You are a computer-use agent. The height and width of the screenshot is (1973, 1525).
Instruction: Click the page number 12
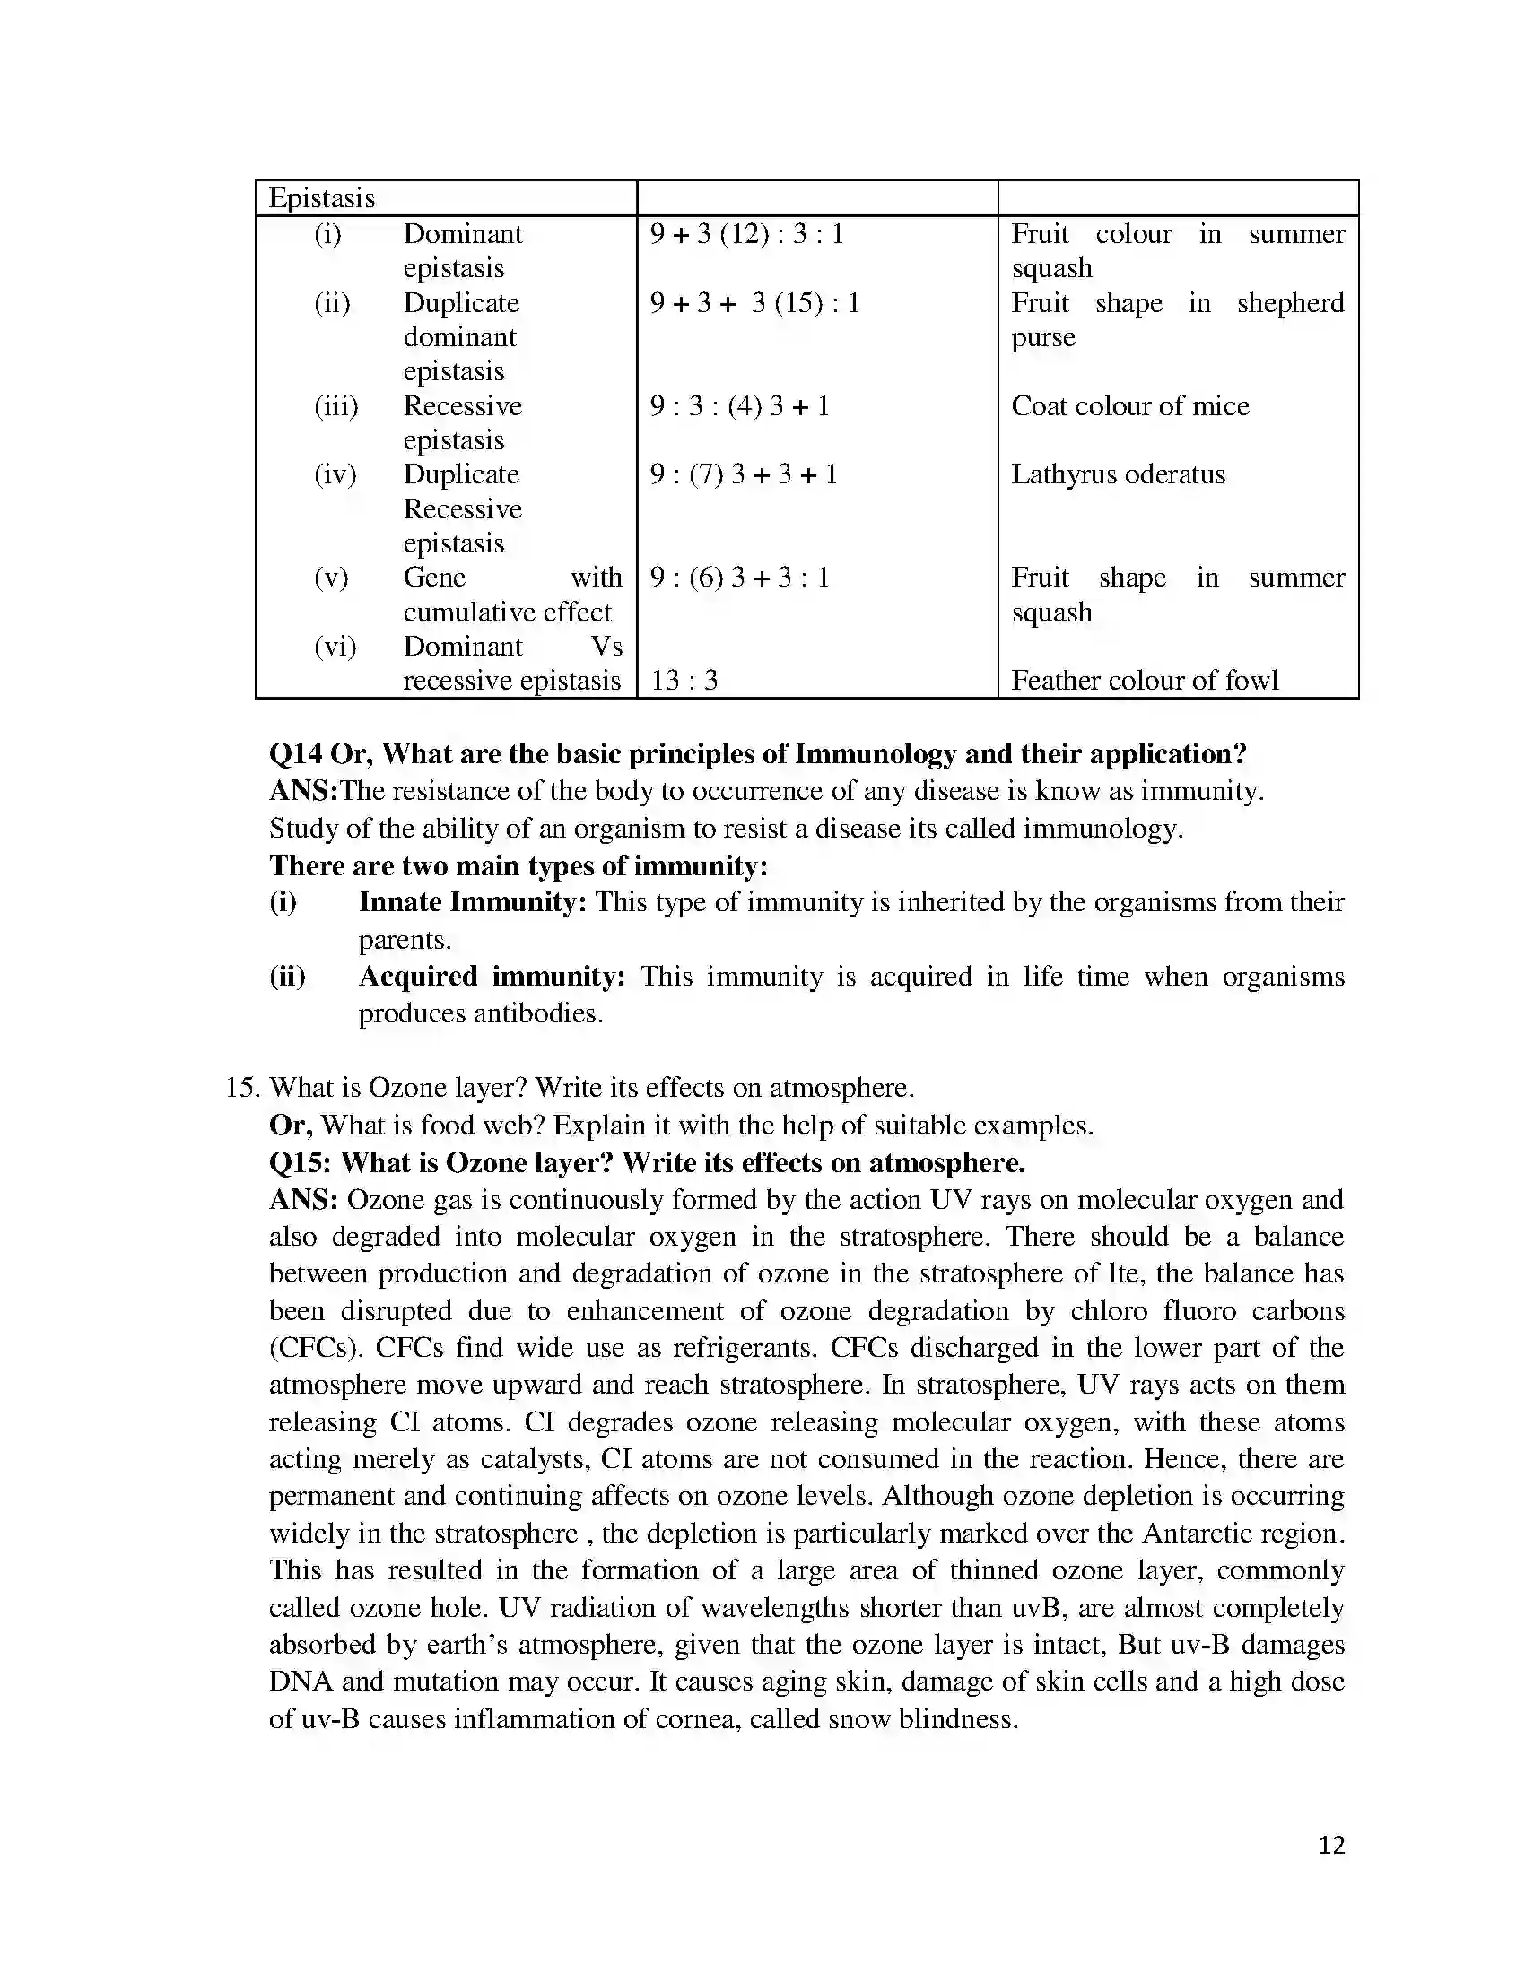[1330, 1869]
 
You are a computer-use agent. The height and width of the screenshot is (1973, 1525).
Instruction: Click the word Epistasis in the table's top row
[322, 198]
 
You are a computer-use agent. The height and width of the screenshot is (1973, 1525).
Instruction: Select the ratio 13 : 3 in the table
[684, 681]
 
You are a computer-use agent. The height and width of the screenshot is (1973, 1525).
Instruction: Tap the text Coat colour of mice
[1129, 405]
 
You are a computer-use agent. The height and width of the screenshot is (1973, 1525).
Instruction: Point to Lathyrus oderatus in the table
[1118, 474]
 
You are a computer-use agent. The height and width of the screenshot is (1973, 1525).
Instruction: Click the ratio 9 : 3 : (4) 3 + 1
[739, 405]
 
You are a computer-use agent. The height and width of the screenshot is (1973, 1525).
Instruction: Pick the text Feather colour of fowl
[1145, 681]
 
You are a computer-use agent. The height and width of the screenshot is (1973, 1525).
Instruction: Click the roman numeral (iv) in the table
[335, 474]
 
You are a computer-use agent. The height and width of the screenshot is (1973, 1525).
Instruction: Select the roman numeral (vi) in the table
[335, 647]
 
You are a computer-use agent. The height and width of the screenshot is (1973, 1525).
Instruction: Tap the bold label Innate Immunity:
[473, 901]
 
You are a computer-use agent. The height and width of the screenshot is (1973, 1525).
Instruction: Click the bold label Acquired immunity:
[492, 977]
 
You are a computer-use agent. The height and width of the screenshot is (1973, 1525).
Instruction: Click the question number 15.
[241, 1088]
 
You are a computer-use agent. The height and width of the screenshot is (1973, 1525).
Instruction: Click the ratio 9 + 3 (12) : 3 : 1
[746, 234]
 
